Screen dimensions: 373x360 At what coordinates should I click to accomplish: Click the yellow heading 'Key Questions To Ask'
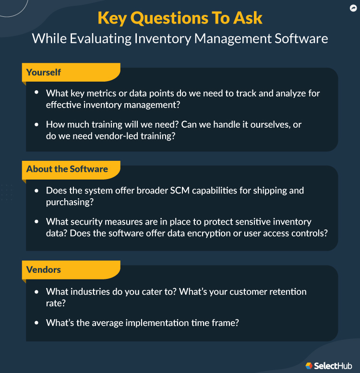[x=180, y=18]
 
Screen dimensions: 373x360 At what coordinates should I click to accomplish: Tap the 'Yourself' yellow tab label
[x=44, y=72]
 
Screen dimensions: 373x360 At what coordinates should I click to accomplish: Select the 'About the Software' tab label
[x=67, y=169]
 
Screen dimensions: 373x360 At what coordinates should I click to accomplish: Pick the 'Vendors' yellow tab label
[x=44, y=270]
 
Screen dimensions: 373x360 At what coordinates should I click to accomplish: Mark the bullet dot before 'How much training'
[x=37, y=124]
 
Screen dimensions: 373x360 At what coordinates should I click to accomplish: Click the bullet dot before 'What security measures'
[x=37, y=221]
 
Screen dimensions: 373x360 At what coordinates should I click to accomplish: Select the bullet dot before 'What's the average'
[x=37, y=323]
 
